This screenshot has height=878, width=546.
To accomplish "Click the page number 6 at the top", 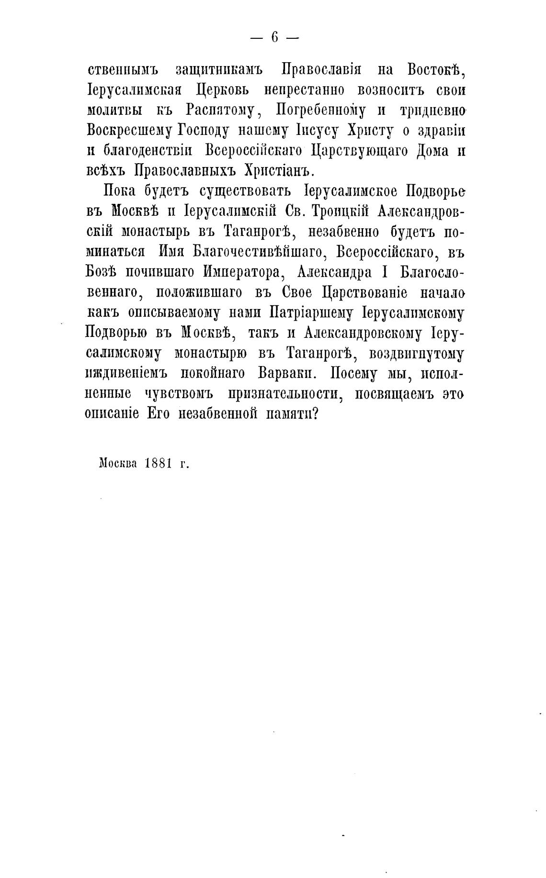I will point(274,37).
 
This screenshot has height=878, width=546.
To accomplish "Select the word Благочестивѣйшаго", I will point(257,252).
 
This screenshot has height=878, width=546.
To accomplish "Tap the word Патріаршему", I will point(311,313).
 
